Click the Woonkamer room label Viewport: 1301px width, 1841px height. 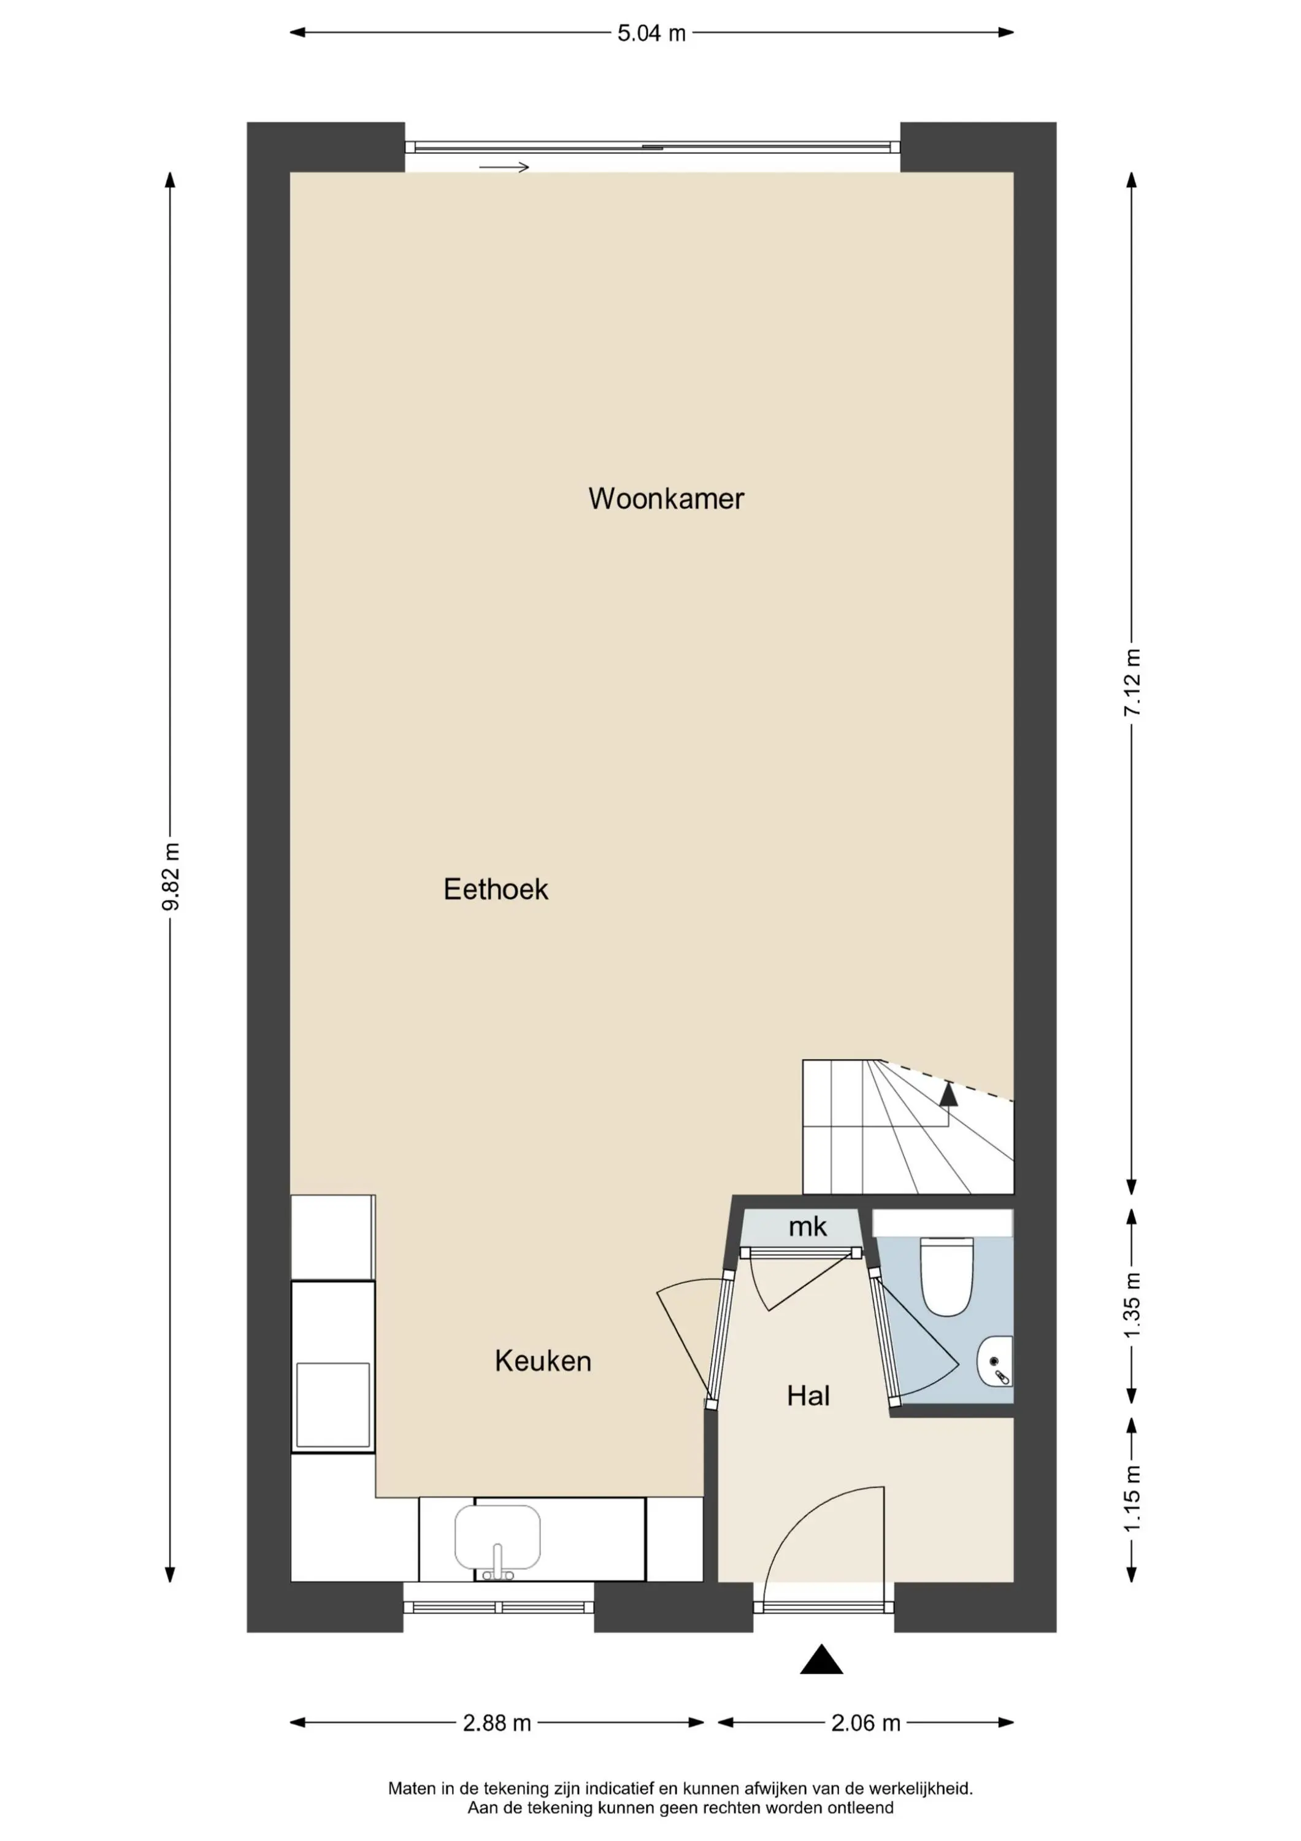pos(666,499)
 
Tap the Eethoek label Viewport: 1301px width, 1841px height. pos(496,889)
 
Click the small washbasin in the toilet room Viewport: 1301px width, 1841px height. pos(996,1362)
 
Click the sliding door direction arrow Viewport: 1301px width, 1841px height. pos(504,167)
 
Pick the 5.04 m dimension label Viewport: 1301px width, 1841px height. pos(651,33)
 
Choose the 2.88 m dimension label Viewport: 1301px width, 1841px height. pos(497,1723)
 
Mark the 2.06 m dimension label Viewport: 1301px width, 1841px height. pos(865,1723)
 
